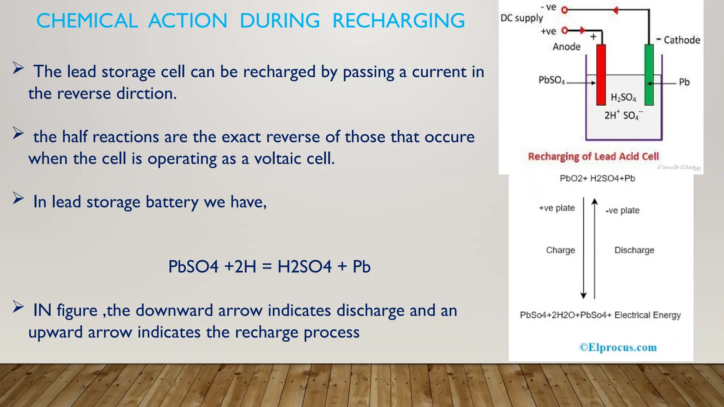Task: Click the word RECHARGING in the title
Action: [398, 20]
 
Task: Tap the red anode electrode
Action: [601, 74]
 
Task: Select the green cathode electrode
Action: [649, 74]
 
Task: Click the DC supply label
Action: [521, 18]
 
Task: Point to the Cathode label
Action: [682, 40]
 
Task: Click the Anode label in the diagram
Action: [566, 47]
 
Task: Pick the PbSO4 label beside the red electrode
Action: [551, 81]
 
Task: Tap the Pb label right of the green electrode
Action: [684, 82]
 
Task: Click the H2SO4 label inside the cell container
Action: [623, 98]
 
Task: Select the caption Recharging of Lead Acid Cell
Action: [593, 157]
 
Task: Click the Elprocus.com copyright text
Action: [618, 347]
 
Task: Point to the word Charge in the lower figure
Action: [560, 250]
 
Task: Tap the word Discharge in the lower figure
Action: [634, 250]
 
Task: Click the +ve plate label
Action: [557, 208]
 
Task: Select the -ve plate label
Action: [622, 211]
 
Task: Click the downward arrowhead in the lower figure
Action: [584, 295]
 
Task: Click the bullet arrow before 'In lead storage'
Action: [18, 198]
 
